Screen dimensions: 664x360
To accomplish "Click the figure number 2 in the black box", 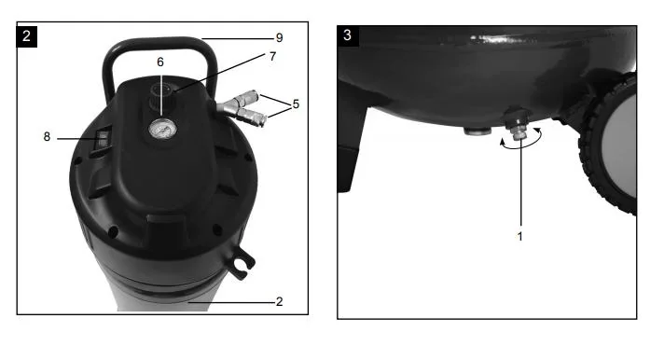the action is click(x=26, y=36).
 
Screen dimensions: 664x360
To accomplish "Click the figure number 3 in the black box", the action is click(x=347, y=35).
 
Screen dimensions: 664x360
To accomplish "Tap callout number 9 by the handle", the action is click(x=279, y=38).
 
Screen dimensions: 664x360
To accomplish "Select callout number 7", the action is click(x=272, y=56).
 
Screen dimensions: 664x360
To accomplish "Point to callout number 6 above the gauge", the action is click(x=160, y=62).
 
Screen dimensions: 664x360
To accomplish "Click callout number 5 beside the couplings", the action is click(x=296, y=104).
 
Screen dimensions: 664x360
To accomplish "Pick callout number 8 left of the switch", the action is click(x=47, y=137).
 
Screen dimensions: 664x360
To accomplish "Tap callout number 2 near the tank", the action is click(x=279, y=301).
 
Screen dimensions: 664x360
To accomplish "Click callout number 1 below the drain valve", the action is click(x=520, y=237).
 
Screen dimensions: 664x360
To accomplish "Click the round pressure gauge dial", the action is click(x=162, y=129).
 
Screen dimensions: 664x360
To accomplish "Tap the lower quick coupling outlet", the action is click(x=249, y=116).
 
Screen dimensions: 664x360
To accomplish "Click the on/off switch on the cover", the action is click(x=103, y=139).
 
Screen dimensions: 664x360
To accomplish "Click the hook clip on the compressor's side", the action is click(x=242, y=263).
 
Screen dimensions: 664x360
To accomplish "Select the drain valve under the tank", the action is click(x=517, y=125).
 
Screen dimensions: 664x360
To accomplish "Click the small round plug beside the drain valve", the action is click(x=476, y=131).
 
